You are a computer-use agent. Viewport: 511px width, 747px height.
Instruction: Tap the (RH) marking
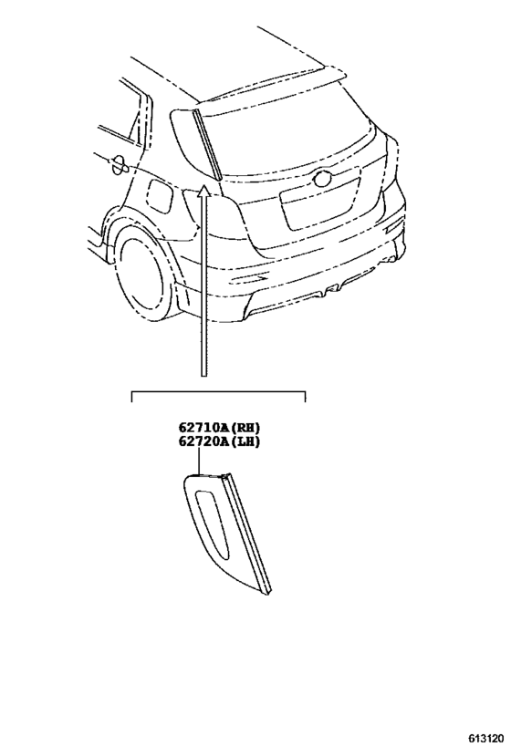pyautogui.click(x=243, y=427)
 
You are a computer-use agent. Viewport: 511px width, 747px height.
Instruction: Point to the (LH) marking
pyautogui.click(x=243, y=441)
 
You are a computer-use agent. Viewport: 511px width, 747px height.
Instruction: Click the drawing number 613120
pyautogui.click(x=485, y=738)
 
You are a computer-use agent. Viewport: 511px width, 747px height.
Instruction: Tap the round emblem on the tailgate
pyautogui.click(x=322, y=179)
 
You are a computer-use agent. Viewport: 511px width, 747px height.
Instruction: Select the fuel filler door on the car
pyautogui.click(x=161, y=196)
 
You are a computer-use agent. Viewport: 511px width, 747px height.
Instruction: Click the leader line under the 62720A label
pyautogui.click(x=198, y=462)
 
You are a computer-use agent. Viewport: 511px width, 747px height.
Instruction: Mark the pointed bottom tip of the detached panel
pyautogui.click(x=268, y=594)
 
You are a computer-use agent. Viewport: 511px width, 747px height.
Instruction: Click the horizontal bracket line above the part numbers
pyautogui.click(x=218, y=392)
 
